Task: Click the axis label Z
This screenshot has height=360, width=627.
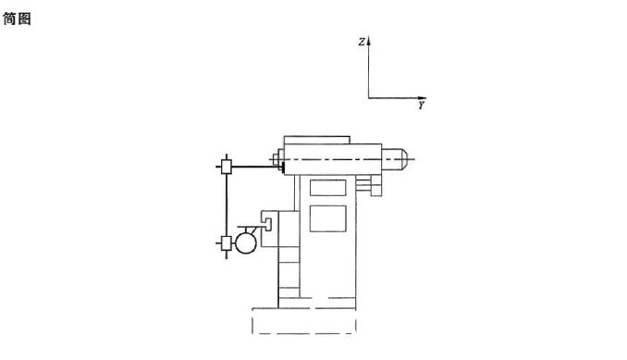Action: [x=362, y=42]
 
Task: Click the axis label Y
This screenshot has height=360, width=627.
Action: [x=422, y=106]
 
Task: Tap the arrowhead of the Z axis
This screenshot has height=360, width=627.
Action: [x=369, y=40]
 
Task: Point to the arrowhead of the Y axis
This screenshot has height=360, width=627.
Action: [x=423, y=98]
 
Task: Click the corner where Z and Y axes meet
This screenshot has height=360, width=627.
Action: [x=369, y=98]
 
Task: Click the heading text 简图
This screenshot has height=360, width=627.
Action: [x=18, y=19]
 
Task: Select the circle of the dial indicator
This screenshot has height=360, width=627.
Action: [x=245, y=243]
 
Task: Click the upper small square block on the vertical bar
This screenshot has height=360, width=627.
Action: [x=227, y=167]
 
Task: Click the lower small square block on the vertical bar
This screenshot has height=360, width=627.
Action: [x=227, y=242]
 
